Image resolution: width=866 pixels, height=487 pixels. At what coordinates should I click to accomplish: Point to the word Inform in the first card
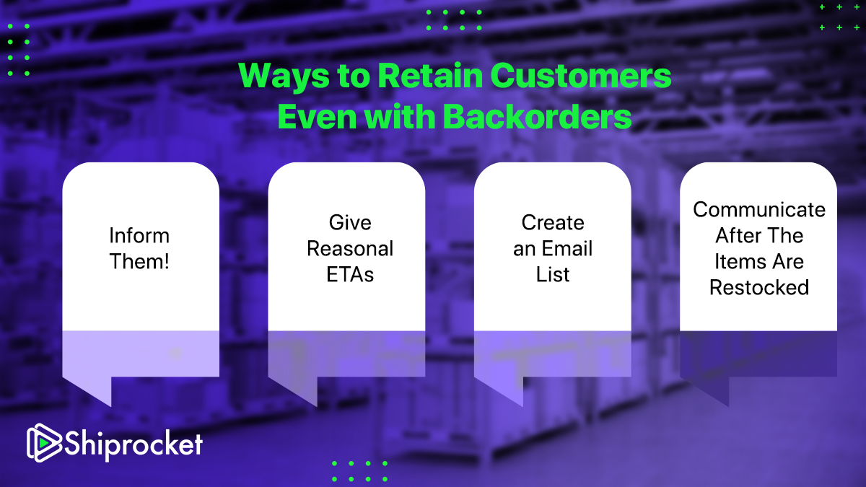(x=140, y=236)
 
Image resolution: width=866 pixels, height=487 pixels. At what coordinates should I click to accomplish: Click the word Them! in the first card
(x=140, y=261)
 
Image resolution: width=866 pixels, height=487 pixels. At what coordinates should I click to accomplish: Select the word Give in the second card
(x=350, y=223)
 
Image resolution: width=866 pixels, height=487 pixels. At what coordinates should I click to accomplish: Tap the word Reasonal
(x=350, y=249)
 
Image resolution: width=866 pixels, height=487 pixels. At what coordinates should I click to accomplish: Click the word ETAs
(x=350, y=274)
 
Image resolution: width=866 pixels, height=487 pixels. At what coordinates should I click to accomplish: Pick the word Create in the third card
(x=553, y=223)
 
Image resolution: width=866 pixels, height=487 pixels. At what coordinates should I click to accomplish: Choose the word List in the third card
(x=553, y=274)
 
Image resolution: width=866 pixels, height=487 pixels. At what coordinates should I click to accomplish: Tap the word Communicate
(x=759, y=210)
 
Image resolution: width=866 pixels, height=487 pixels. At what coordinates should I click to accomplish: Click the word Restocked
(x=759, y=287)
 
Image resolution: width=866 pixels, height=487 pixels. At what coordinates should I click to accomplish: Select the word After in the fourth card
(x=740, y=236)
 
